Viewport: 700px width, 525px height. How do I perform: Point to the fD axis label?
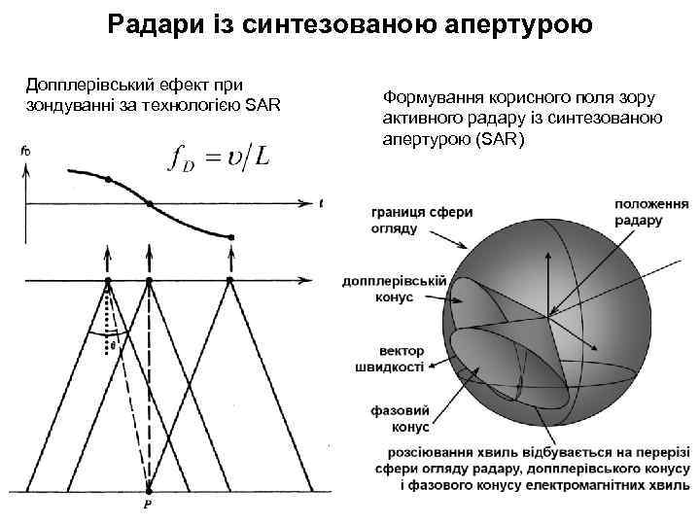coord(24,150)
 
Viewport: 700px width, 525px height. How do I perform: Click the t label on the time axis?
coord(321,202)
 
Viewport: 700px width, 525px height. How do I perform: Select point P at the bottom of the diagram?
coord(149,505)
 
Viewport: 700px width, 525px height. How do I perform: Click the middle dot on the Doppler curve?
coord(149,203)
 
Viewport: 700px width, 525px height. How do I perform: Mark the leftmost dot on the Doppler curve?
coord(108,180)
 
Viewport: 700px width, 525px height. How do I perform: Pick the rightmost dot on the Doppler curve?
coord(230,236)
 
